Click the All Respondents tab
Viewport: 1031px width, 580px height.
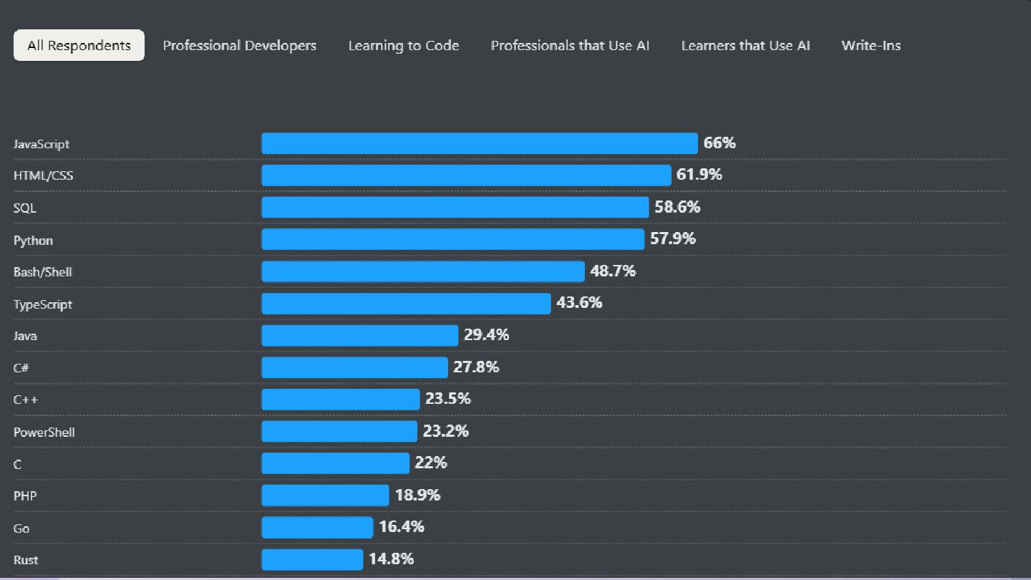tap(79, 45)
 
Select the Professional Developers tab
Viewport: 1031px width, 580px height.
tap(239, 45)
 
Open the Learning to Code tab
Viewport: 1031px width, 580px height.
tap(403, 45)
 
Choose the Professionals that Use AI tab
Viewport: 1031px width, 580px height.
tap(570, 45)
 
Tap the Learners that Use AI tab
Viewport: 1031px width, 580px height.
tap(745, 45)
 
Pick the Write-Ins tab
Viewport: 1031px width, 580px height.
tap(871, 45)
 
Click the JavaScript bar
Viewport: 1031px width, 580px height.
tap(479, 143)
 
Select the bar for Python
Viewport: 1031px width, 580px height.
tap(452, 239)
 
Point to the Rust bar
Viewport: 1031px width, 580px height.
tap(312, 559)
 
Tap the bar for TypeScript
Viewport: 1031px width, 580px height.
tap(406, 304)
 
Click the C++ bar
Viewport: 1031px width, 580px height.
tap(340, 400)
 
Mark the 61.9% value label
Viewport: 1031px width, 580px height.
tap(699, 175)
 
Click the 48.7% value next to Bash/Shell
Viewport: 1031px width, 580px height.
tap(613, 271)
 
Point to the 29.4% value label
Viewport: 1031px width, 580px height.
tap(486, 334)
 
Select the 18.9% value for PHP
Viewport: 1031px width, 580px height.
tap(417, 495)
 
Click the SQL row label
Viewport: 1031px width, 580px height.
tap(24, 208)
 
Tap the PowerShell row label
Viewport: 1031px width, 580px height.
tap(44, 432)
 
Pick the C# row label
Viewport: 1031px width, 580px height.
tap(21, 368)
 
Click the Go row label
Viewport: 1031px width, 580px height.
tap(21, 528)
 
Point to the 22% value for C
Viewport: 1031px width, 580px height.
tap(430, 463)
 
